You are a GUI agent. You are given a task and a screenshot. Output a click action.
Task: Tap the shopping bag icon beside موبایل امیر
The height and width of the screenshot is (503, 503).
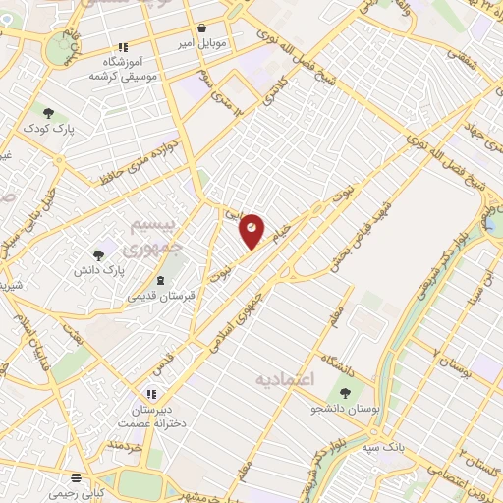pyautogui.click(x=201, y=28)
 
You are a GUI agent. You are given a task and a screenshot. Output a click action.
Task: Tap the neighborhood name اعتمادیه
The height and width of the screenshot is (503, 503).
pyautogui.click(x=284, y=378)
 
